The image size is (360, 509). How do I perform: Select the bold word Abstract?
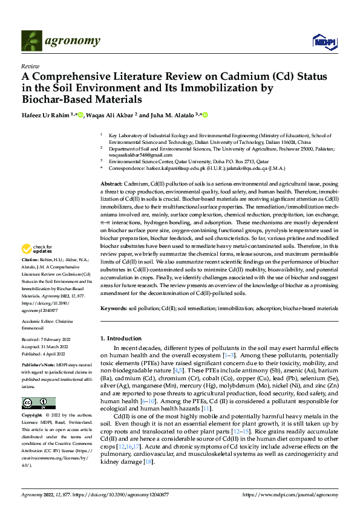(x=111, y=183)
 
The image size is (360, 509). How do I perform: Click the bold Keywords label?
(x=114, y=308)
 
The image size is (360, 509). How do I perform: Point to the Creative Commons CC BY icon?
(x=38, y=403)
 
